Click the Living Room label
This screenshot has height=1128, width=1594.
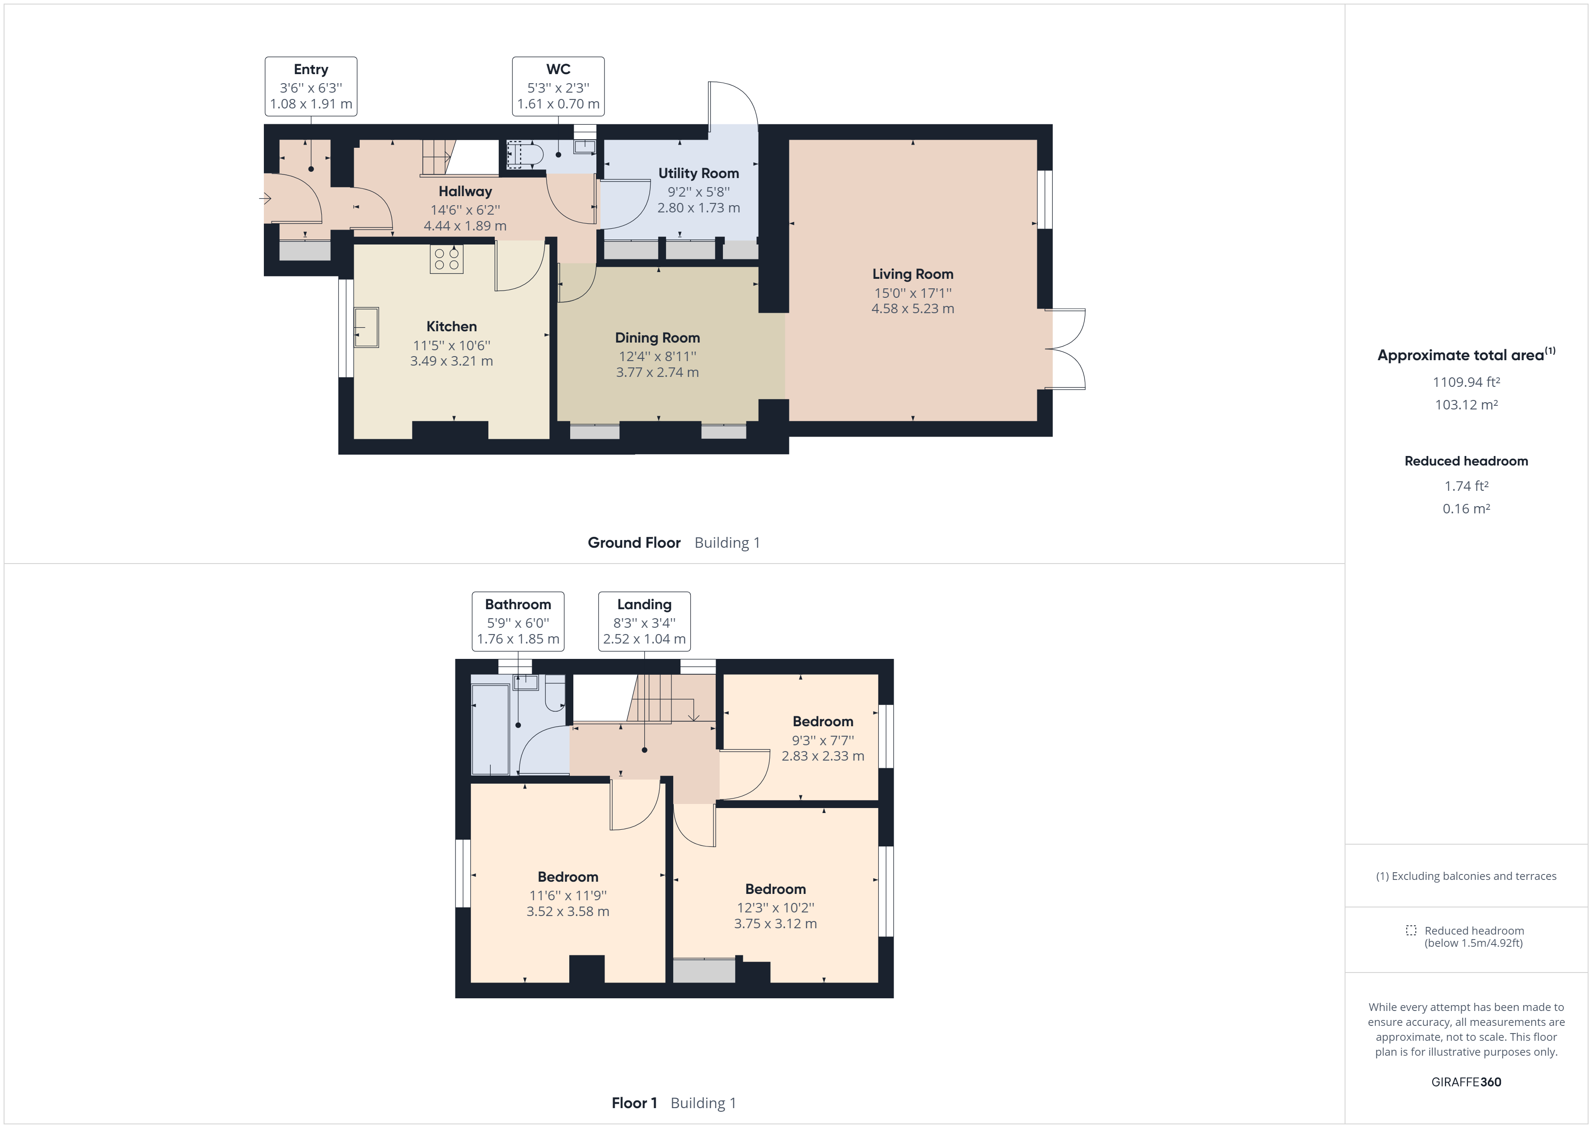tap(912, 274)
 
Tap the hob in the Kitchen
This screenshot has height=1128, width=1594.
tap(446, 259)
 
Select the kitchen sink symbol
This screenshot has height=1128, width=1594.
tap(366, 327)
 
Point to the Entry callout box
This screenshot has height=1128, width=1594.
tap(311, 87)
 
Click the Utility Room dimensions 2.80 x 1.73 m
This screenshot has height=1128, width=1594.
tap(699, 208)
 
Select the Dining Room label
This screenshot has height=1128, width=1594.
tap(657, 338)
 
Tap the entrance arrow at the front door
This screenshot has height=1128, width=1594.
tap(265, 199)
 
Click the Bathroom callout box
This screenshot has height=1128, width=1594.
tap(518, 621)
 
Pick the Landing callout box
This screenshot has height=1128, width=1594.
tap(644, 621)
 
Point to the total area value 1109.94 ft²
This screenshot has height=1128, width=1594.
tap(1466, 382)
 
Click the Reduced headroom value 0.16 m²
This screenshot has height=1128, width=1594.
tap(1466, 508)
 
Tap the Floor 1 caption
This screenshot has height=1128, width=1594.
tap(634, 1103)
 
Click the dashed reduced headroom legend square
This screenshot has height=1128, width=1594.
tap(1411, 930)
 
